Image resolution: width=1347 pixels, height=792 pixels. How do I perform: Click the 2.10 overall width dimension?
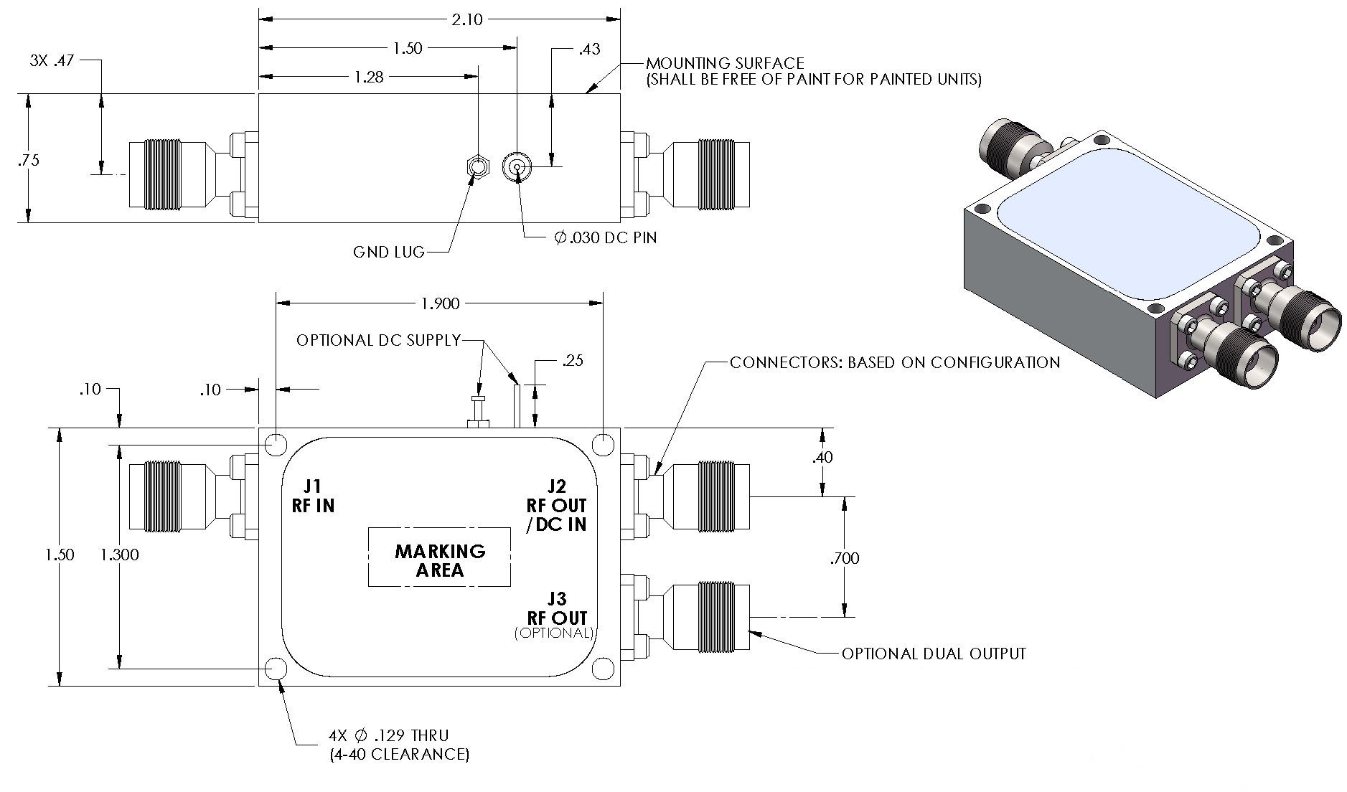[466, 19]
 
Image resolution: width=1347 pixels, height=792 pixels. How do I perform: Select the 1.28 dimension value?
[369, 77]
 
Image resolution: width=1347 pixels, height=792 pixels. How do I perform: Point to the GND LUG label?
[388, 252]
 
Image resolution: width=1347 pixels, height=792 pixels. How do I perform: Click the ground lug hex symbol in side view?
[477, 168]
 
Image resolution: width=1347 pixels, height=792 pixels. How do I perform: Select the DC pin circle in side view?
[516, 169]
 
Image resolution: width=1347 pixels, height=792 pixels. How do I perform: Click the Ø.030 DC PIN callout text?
[606, 237]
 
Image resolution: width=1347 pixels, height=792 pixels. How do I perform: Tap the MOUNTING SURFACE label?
[725, 64]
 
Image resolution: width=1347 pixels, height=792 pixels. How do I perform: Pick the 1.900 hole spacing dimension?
[440, 303]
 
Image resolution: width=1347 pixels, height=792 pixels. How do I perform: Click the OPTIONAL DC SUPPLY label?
[378, 340]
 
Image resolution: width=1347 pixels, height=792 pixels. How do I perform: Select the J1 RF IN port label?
[313, 496]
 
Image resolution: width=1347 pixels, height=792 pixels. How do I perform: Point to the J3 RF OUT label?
[557, 609]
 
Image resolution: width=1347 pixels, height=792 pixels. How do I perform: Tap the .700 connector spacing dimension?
[844, 557]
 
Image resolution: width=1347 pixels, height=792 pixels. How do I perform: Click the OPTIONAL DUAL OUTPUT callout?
[934, 654]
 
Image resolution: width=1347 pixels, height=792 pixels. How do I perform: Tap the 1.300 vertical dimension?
[120, 555]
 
